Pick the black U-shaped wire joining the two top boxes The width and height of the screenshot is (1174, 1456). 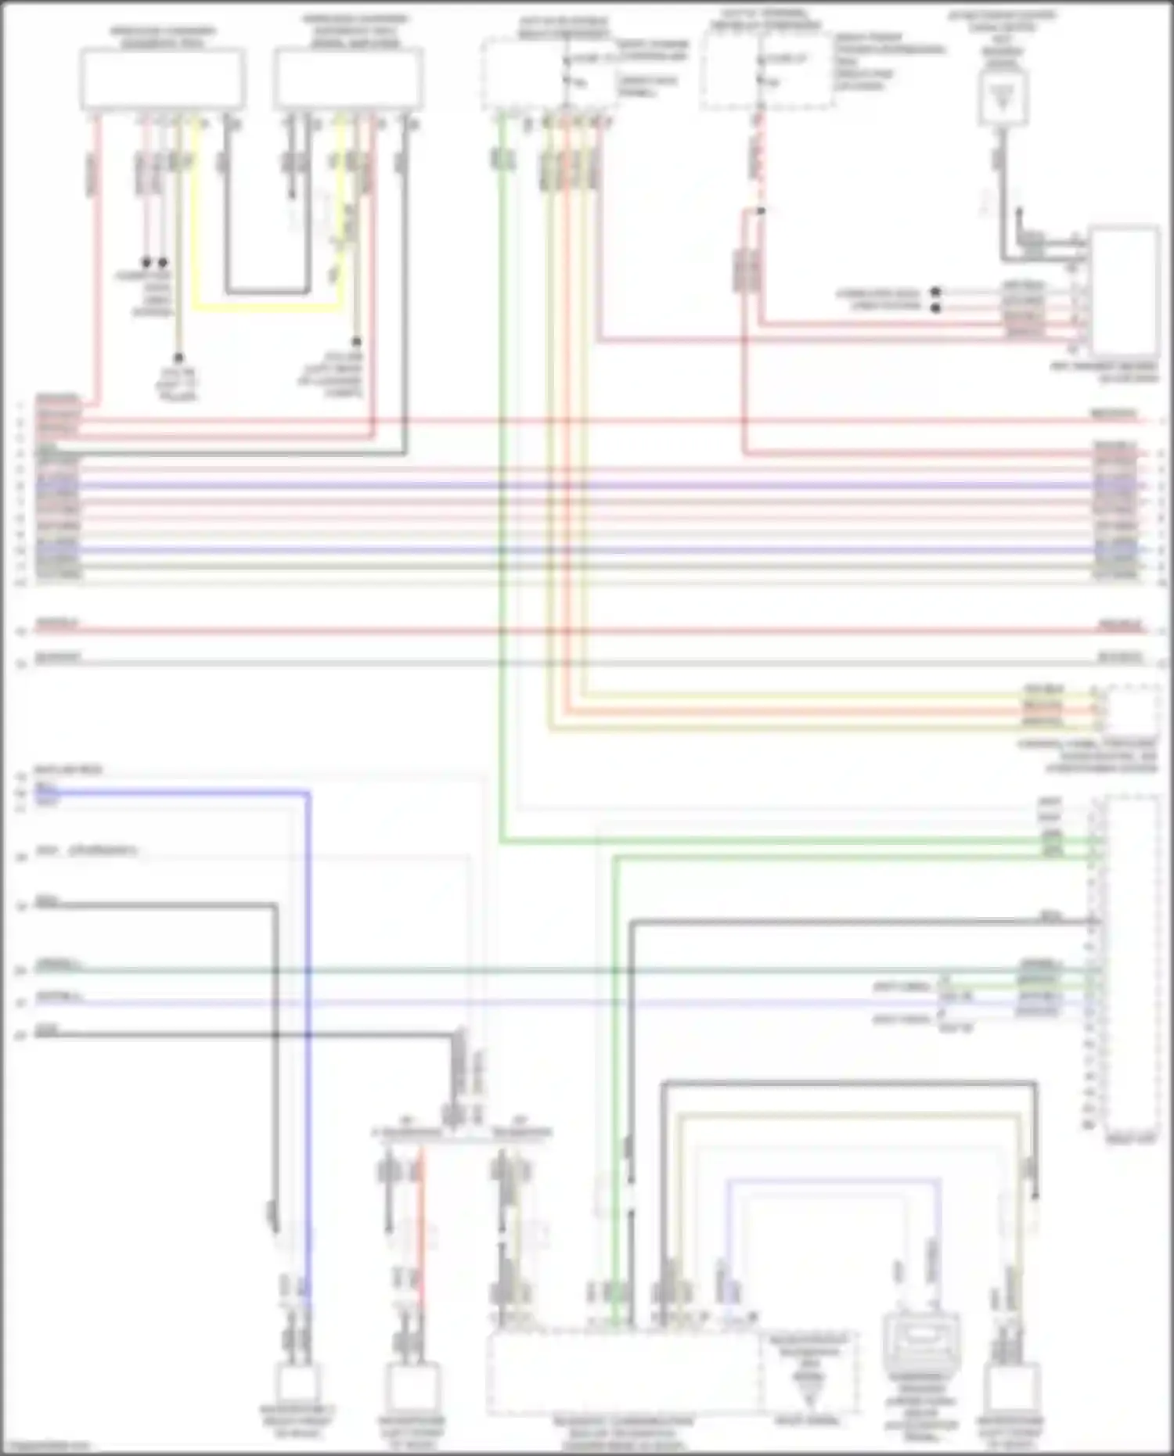pos(266,293)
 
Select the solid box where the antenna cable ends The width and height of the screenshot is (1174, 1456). pos(1125,291)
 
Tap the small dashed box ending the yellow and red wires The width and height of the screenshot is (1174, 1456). pos(1133,710)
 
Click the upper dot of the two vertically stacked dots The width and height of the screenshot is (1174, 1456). pos(935,292)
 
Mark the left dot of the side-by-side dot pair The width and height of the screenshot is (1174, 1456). pos(146,262)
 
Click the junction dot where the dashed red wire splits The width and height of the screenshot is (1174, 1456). pos(761,210)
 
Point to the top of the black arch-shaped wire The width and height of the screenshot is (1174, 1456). pos(849,1084)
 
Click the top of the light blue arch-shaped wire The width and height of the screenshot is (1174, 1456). pos(834,1180)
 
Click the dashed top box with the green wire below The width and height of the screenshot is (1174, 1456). pos(546,74)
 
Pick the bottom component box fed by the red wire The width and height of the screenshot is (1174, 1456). pos(413,1386)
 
